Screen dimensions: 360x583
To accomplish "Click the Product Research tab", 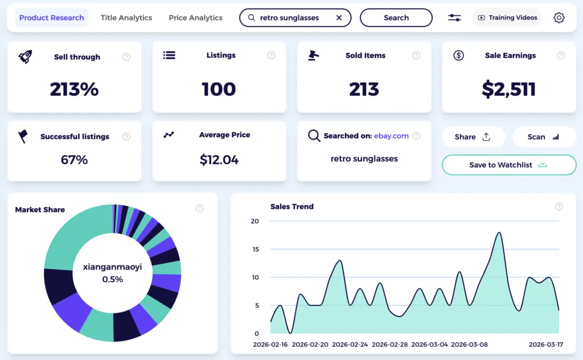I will click(52, 18).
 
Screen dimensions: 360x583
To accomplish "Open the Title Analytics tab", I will click(126, 18).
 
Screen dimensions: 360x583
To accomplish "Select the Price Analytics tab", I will click(195, 18).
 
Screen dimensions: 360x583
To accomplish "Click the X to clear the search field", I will click(339, 18).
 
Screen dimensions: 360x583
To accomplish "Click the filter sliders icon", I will click(454, 18).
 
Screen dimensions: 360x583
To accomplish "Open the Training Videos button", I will click(507, 18).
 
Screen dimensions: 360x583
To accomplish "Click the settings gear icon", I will click(559, 18).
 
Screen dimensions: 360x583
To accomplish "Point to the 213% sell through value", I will click(74, 89).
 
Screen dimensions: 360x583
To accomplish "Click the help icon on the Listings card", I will click(272, 55).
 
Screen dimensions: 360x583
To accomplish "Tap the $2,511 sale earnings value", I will click(509, 89).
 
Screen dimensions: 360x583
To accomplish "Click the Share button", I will click(473, 137).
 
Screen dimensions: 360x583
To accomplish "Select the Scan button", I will click(544, 137).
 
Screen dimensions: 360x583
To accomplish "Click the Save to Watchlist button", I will click(509, 165).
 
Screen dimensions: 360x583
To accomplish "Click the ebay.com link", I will click(391, 136).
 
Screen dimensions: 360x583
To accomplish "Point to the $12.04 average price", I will click(219, 160).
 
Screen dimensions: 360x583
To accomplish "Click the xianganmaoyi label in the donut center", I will click(113, 267).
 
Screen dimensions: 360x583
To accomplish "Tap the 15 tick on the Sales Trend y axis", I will click(256, 249).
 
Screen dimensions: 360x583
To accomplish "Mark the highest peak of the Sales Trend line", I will click(499, 232).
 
